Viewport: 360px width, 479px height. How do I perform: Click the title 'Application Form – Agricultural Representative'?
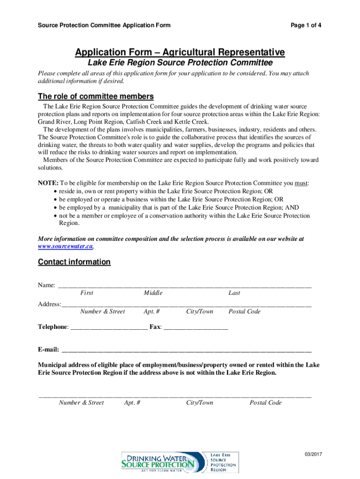[x=180, y=52]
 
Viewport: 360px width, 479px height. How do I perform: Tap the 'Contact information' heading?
[x=74, y=262]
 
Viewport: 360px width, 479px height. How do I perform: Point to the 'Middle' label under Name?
[x=153, y=293]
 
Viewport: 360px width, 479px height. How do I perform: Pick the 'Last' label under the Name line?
[x=234, y=293]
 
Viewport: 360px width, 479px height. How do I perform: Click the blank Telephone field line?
[x=108, y=327]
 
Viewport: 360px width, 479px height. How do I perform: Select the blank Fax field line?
[x=196, y=327]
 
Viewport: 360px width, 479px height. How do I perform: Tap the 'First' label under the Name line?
[x=86, y=293]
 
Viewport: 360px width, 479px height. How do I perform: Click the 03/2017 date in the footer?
[x=312, y=455]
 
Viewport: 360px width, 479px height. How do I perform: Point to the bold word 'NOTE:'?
[x=48, y=183]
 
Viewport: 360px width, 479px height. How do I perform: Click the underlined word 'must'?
[x=301, y=183]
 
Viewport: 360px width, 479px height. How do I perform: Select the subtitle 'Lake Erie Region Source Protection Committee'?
[x=180, y=63]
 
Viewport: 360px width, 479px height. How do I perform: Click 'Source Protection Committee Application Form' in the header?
[x=104, y=25]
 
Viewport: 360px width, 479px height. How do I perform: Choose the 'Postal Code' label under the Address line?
[x=244, y=312]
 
